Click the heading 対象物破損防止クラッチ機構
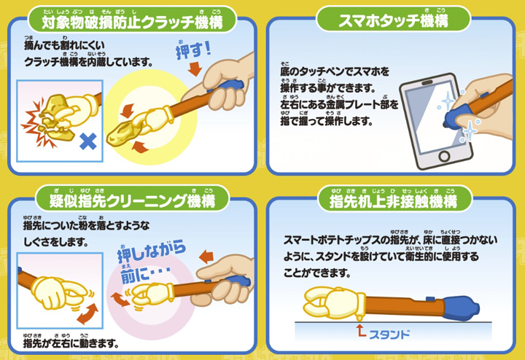click(132, 23)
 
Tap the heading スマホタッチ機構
click(393, 20)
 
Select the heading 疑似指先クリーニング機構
click(132, 201)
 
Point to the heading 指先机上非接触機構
click(393, 201)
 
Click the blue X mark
click(88, 141)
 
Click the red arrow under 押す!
click(195, 69)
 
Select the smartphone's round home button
click(444, 156)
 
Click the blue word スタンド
click(389, 334)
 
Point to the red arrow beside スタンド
click(360, 330)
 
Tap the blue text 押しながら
click(152, 251)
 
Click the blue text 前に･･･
click(144, 274)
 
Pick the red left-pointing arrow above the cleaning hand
click(206, 257)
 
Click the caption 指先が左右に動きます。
click(71, 343)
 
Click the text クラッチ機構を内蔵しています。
click(88, 61)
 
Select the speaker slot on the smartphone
click(427, 82)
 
